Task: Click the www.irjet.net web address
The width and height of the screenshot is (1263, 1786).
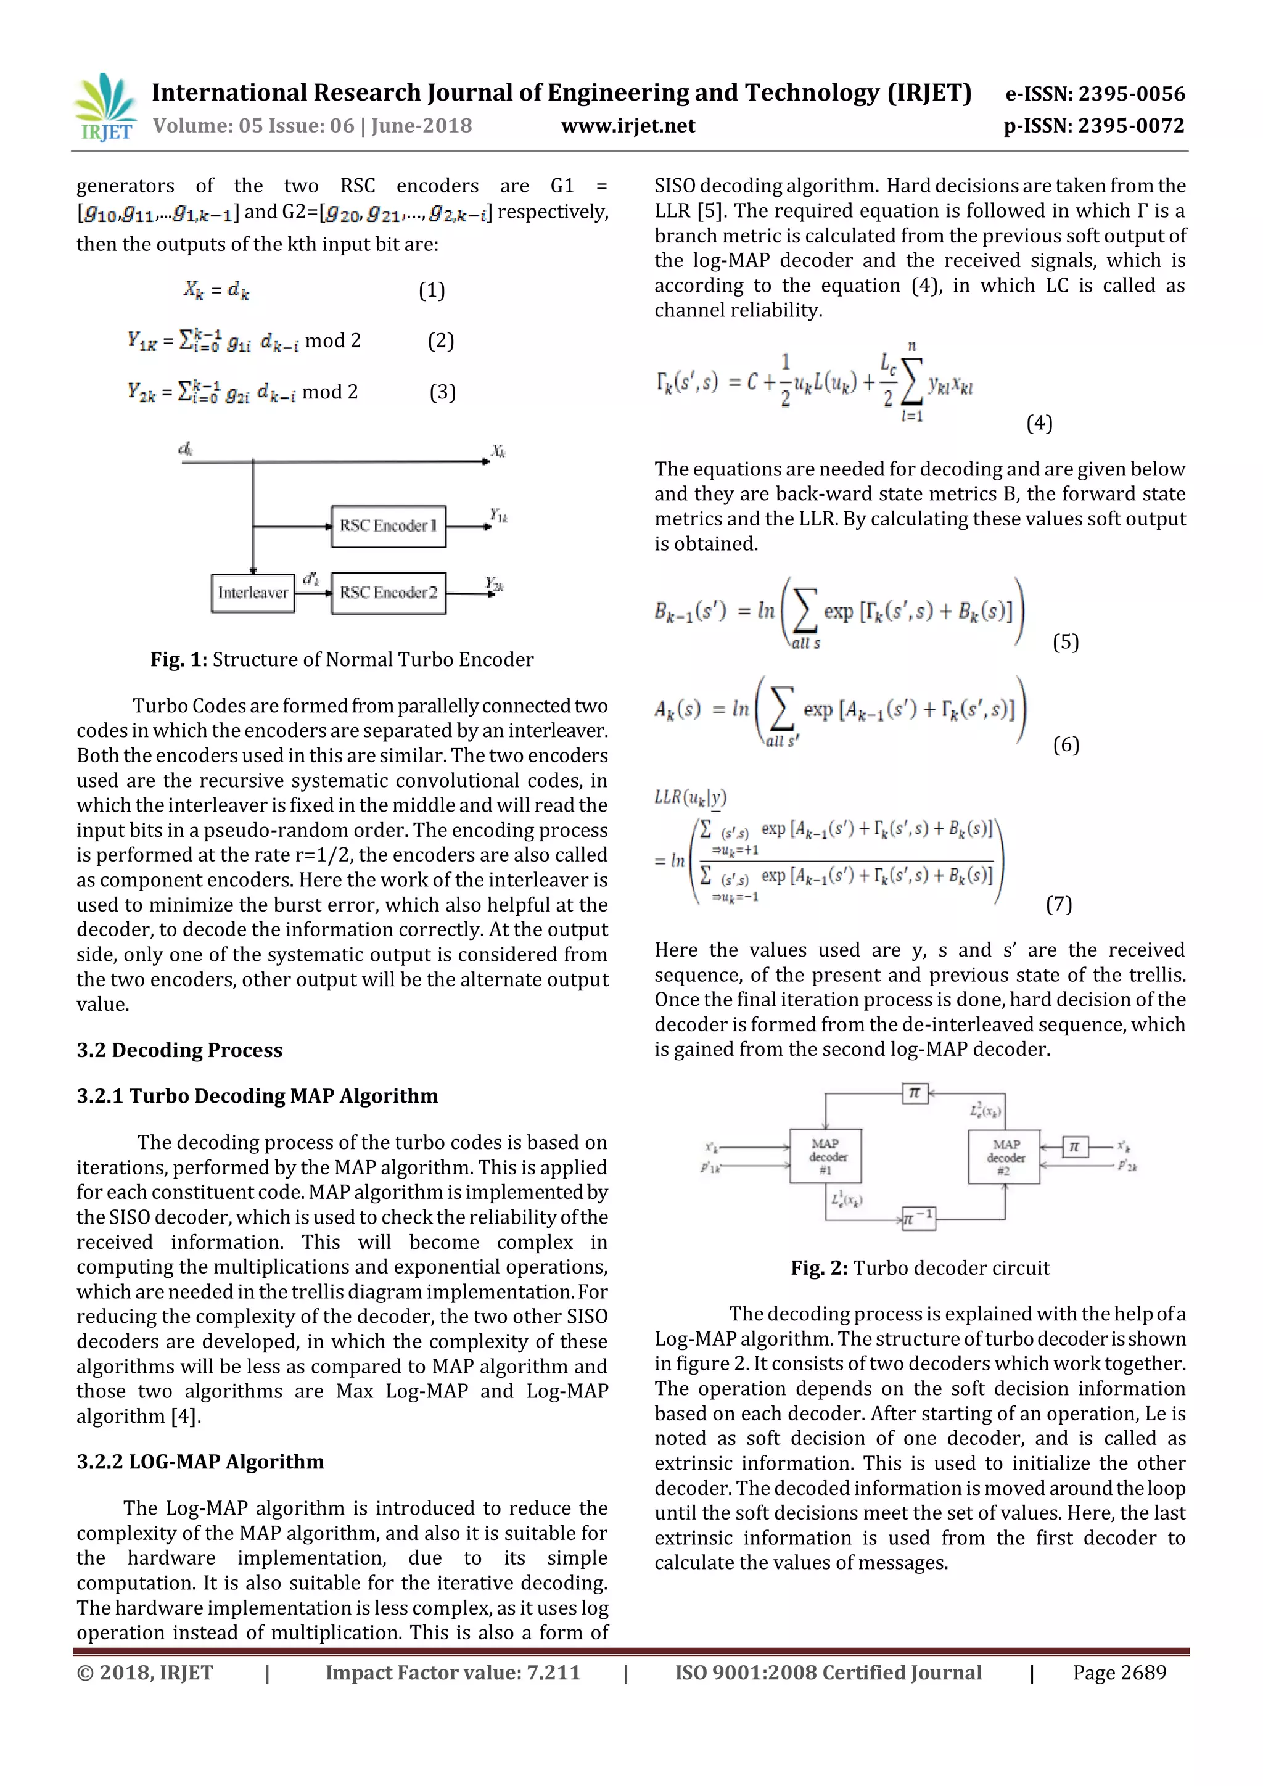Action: coord(628,126)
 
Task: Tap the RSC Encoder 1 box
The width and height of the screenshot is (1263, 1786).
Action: coord(388,527)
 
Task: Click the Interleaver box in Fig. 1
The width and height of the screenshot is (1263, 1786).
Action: coord(253,593)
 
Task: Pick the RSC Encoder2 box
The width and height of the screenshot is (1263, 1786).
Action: coord(388,593)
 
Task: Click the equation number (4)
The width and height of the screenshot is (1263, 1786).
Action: coord(1039,423)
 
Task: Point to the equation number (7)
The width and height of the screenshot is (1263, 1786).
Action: coord(1058,904)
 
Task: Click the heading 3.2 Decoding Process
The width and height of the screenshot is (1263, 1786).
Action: coord(179,1050)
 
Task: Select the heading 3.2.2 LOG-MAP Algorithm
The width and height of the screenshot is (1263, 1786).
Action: coord(200,1462)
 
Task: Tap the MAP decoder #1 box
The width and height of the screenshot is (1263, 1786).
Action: coord(825,1157)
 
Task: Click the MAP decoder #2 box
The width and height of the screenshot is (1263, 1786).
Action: coord(1004,1157)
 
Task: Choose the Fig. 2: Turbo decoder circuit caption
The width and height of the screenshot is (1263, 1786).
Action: coord(920,1268)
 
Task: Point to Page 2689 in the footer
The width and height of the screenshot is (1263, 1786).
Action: coord(1119,1673)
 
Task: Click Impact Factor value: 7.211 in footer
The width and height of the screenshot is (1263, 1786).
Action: coord(453,1673)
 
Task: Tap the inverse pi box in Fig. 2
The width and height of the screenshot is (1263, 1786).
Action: coord(918,1218)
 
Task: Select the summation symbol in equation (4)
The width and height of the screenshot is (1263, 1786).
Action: coord(912,381)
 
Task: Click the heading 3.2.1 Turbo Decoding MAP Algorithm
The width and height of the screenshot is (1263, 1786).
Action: coord(257,1096)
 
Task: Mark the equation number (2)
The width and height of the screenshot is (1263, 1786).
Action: coord(441,340)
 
